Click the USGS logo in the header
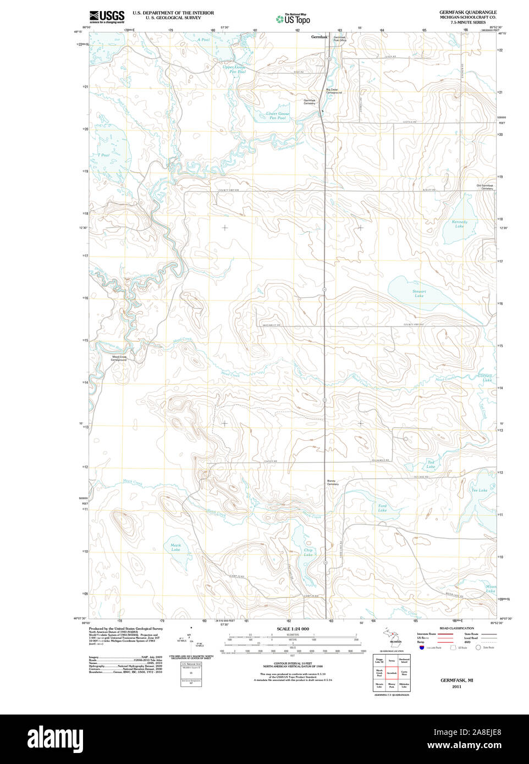107,16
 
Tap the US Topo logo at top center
293,19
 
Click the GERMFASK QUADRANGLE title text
467,12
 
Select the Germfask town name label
319,37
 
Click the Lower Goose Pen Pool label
277,116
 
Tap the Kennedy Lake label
459,224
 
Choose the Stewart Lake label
419,294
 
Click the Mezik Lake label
175,547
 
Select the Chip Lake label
308,552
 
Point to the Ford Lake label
382,508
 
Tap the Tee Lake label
478,490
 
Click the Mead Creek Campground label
119,358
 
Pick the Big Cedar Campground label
334,91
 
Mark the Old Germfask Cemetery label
484,187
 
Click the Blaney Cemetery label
332,483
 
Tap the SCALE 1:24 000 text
293,629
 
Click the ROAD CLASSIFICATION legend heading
456,628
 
